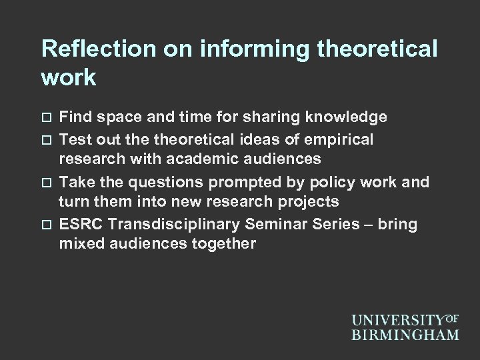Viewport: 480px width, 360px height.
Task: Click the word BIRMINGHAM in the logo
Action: pos(405,333)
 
